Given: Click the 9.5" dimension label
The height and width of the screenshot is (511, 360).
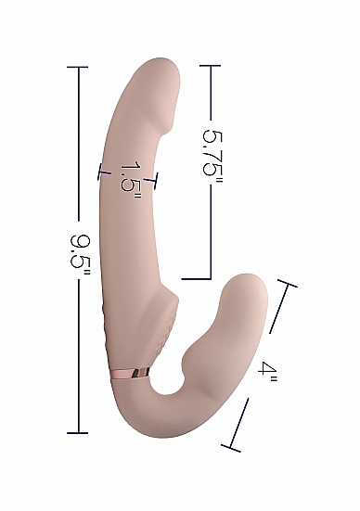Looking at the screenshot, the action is [80, 251].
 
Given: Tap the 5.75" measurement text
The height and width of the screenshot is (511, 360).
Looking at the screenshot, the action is [212, 153].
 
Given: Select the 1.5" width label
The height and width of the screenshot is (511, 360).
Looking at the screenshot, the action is [131, 180].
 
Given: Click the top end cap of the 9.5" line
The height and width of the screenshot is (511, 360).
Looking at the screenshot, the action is [78, 67].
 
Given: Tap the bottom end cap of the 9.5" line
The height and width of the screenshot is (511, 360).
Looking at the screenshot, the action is [78, 433].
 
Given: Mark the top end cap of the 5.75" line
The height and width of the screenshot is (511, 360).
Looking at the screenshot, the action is [211, 66].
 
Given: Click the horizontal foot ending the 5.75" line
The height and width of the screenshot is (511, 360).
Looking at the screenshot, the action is [196, 279].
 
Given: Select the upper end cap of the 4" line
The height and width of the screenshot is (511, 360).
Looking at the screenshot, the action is [287, 283].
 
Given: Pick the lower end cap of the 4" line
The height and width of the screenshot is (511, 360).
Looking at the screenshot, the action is [231, 449].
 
